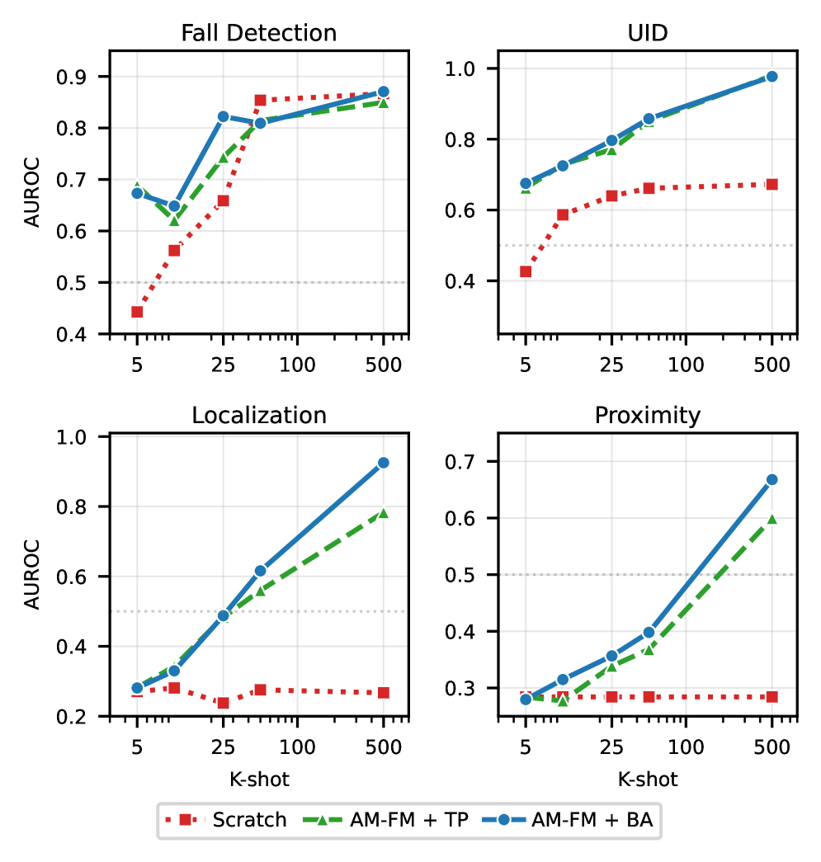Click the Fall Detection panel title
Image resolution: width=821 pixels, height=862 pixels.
click(259, 33)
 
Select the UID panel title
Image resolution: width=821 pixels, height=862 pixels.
click(648, 33)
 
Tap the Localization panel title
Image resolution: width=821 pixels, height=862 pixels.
click(259, 415)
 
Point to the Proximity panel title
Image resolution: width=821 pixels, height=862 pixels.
click(648, 415)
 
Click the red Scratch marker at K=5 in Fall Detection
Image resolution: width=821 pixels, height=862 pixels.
click(137, 312)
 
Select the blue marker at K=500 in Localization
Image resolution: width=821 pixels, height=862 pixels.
click(383, 463)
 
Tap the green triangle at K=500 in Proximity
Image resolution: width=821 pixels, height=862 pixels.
click(772, 519)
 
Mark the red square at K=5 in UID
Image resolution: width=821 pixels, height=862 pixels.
click(526, 271)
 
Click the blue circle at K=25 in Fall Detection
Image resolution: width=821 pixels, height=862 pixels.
click(223, 117)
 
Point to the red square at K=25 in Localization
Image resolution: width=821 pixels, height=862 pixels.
click(223, 703)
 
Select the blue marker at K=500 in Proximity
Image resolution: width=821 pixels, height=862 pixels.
click(772, 479)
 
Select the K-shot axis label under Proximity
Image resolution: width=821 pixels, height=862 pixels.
click(648, 780)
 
